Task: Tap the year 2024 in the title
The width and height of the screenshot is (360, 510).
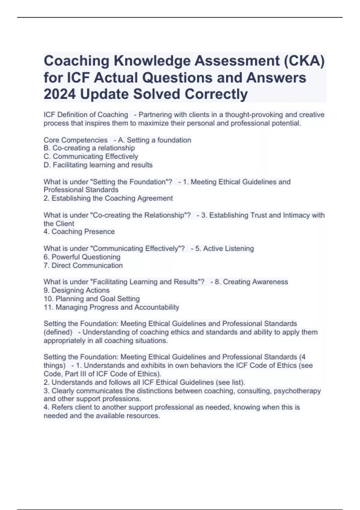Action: [59, 94]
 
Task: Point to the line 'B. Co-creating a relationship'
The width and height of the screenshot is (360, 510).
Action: [89, 148]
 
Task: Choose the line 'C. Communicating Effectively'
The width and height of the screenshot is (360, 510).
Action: [91, 157]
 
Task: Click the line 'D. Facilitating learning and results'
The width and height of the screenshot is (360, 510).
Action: [98, 165]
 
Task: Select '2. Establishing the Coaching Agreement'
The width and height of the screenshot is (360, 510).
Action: [108, 198]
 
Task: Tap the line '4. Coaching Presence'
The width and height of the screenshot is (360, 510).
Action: [79, 232]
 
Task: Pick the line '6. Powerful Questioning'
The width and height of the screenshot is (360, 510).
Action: [82, 257]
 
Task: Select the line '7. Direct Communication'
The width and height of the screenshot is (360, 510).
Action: [83, 265]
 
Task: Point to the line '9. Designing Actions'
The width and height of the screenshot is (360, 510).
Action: [76, 290]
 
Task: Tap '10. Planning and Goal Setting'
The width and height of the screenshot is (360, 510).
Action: [91, 299]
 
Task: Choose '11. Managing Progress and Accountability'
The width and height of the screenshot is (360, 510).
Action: [111, 307]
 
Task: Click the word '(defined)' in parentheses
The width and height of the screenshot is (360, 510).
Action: [58, 332]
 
